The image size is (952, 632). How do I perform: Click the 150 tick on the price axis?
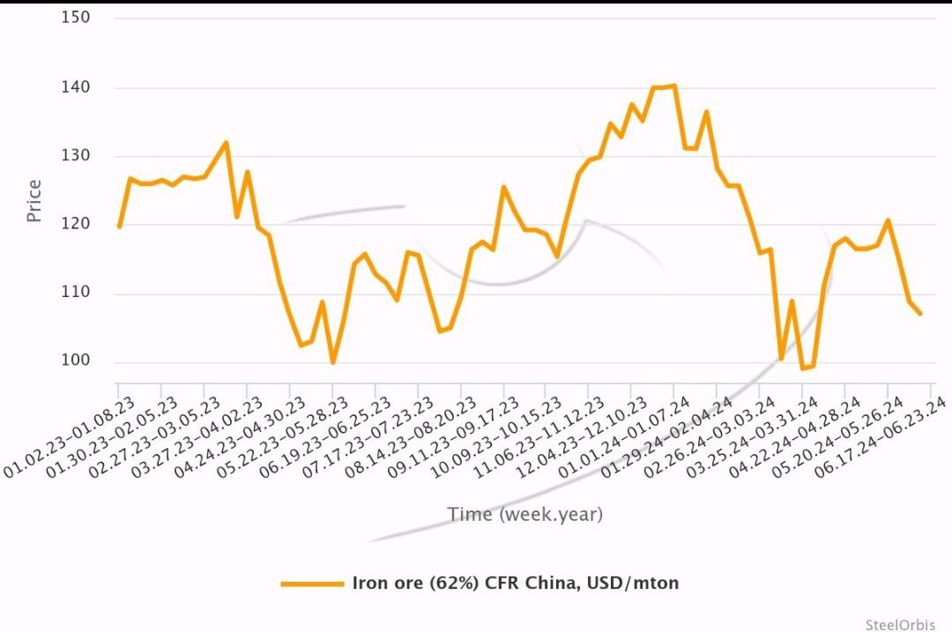[76, 18]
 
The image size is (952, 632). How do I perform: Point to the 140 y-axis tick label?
[76, 87]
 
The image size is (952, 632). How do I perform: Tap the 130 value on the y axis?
[76, 156]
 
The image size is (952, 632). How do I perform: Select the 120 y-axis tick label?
[76, 225]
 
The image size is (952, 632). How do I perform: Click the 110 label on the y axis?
[76, 294]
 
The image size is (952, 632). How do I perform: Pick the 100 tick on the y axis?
[76, 361]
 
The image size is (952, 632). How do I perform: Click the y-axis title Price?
[34, 201]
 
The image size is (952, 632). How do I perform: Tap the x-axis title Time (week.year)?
[524, 515]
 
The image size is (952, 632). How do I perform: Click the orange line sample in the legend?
[311, 584]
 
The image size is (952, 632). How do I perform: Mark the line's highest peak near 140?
[673, 86]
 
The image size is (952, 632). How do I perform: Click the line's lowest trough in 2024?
[803, 368]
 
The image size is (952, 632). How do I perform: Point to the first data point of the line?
[118, 227]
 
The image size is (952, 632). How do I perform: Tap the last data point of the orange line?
[921, 314]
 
